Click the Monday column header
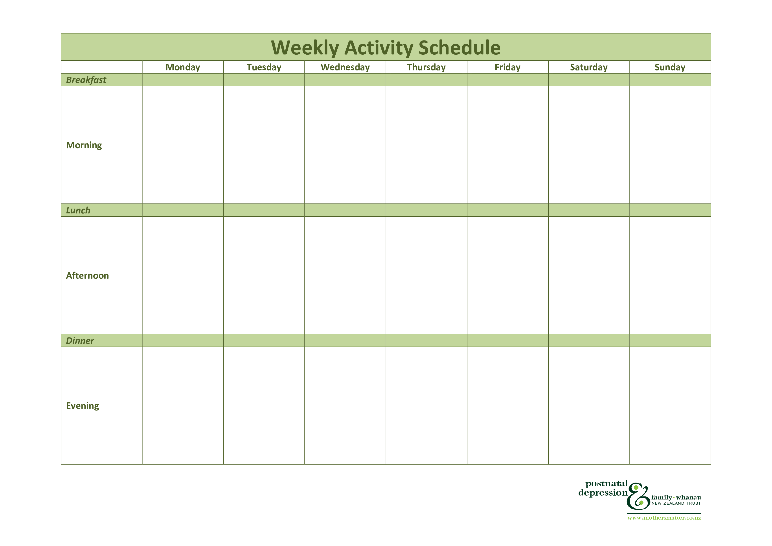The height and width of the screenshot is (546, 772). tap(183, 67)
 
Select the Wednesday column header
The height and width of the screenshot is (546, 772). tap(345, 67)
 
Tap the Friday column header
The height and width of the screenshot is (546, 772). tap(507, 67)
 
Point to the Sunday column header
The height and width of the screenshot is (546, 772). tap(670, 67)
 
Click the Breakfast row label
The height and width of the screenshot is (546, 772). tap(86, 80)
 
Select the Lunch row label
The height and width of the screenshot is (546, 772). tap(78, 210)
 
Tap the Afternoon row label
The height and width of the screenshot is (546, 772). tap(87, 276)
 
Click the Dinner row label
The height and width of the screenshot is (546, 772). tap(80, 341)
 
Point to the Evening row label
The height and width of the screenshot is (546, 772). tap(82, 406)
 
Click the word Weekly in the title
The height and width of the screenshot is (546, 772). tap(305, 48)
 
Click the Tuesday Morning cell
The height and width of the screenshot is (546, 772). tap(264, 145)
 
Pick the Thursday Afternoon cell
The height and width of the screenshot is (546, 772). tap(426, 275)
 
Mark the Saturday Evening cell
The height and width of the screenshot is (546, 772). tap(589, 406)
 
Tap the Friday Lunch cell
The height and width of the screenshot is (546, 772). tap(508, 210)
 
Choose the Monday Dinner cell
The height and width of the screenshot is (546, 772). tap(183, 341)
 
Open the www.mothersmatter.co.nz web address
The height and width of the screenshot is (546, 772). tap(664, 518)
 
